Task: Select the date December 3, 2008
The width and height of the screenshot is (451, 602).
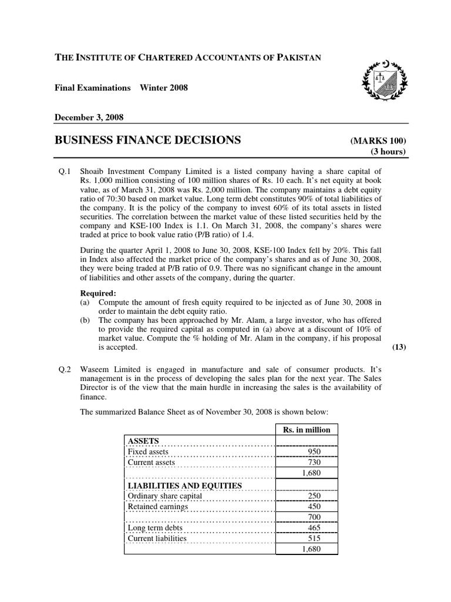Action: pyautogui.click(x=89, y=117)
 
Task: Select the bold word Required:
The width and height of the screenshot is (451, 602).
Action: pyautogui.click(x=98, y=292)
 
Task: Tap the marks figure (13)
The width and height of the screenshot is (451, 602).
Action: pyautogui.click(x=399, y=347)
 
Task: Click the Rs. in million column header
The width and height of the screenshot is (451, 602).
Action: pyautogui.click(x=307, y=429)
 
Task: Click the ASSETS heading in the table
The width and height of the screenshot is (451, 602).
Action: pyautogui.click(x=144, y=440)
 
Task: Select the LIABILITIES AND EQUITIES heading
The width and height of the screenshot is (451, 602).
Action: pyautogui.click(x=184, y=485)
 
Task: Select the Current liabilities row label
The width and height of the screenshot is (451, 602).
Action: pyautogui.click(x=157, y=538)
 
